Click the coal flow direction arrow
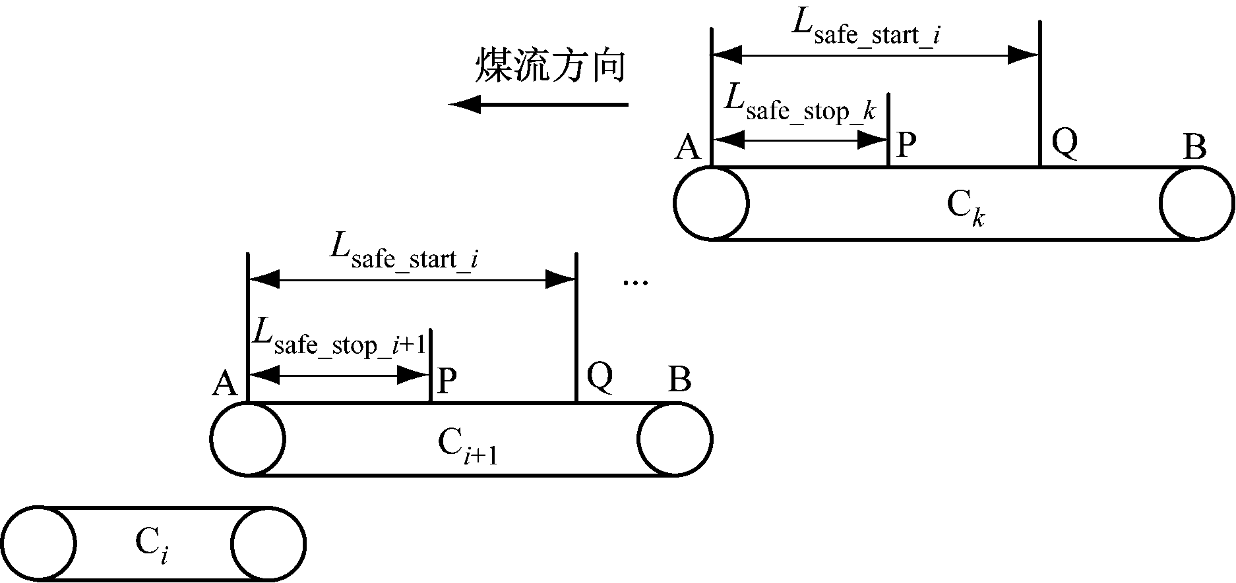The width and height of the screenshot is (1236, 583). point(538,104)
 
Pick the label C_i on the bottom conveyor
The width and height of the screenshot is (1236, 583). point(151,545)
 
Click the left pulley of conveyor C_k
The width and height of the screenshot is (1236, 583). point(711,203)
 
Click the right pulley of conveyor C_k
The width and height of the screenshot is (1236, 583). point(1196,203)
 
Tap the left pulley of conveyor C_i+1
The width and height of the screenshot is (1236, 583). point(248,439)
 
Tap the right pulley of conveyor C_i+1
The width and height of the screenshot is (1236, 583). point(675,439)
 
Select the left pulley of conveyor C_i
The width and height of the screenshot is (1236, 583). point(38,544)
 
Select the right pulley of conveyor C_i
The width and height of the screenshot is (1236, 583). point(268,544)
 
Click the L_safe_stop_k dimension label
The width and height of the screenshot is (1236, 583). point(799,105)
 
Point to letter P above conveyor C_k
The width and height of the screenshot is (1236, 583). point(907,146)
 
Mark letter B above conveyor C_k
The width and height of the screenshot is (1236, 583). point(1194,147)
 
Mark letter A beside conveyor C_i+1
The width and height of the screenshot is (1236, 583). point(225,383)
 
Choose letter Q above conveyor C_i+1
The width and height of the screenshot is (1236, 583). point(600,377)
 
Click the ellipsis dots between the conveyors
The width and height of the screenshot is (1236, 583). point(636,283)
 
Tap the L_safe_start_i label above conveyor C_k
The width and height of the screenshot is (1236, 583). point(865,28)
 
